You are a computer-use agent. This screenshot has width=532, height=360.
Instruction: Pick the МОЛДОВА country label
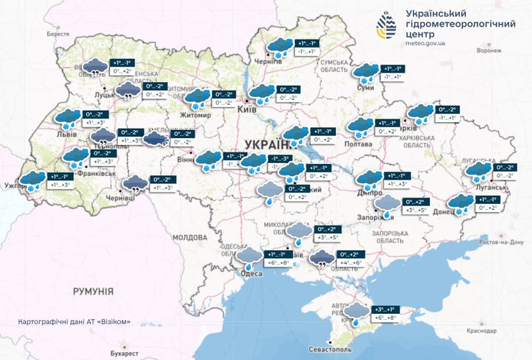(190, 236)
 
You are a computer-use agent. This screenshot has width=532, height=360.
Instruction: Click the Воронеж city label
(489, 51)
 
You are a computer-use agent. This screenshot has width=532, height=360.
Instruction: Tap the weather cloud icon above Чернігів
(279, 47)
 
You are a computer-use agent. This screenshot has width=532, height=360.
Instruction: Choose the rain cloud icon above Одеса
(250, 257)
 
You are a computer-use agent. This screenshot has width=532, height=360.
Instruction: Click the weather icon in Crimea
(357, 313)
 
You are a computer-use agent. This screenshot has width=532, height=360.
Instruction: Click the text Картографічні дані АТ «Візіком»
(74, 321)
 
